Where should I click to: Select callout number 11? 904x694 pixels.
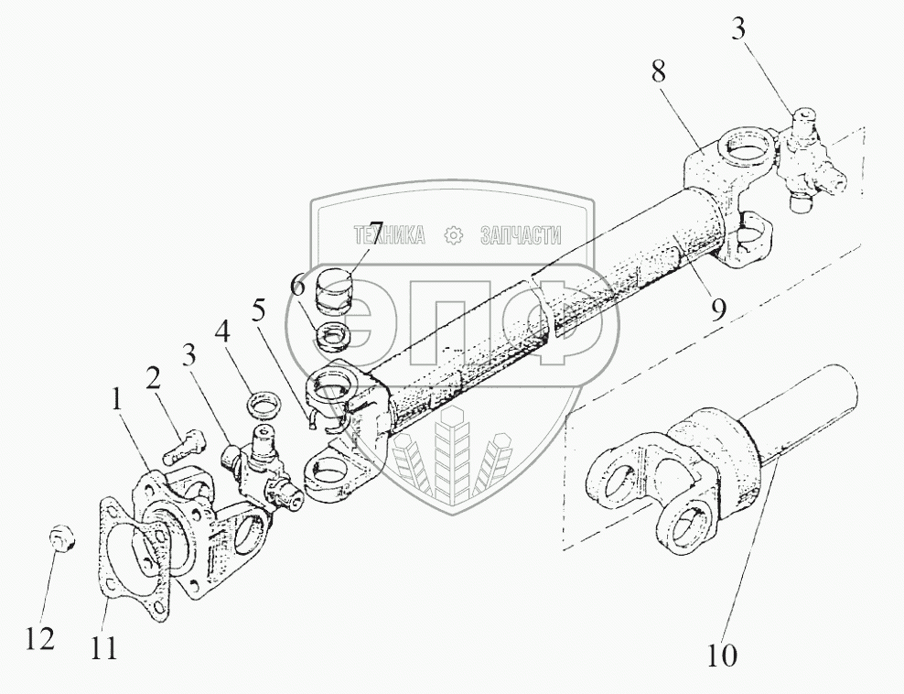[x=102, y=647]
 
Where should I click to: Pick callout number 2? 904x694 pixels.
[x=153, y=380]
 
